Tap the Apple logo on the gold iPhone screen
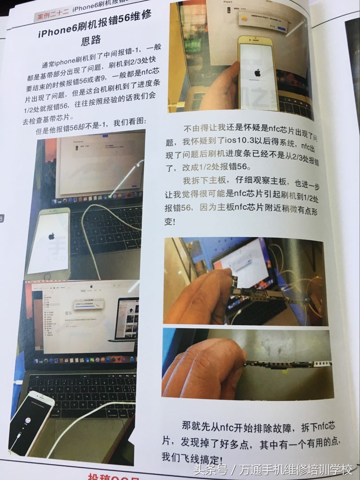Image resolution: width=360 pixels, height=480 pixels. point(258,73)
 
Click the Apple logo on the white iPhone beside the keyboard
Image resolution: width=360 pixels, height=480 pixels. point(51,236)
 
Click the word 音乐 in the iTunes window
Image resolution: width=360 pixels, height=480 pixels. point(69,313)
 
